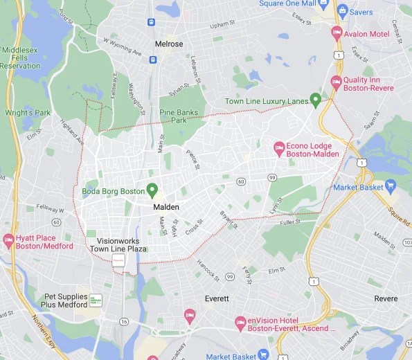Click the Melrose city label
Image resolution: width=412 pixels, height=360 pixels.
pyautogui.click(x=169, y=44)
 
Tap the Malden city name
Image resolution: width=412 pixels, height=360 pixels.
pyautogui.click(x=166, y=207)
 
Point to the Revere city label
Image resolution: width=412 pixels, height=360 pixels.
pyautogui.click(x=386, y=298)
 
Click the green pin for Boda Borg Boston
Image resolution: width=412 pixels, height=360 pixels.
pyautogui.click(x=152, y=189)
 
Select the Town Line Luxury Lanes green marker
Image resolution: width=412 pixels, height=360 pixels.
pyautogui.click(x=316, y=100)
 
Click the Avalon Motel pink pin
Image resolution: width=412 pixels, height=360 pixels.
pyautogui.click(x=337, y=33)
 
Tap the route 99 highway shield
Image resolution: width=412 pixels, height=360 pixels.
pyautogui.click(x=272, y=178)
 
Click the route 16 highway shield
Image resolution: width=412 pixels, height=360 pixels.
pyautogui.click(x=123, y=322)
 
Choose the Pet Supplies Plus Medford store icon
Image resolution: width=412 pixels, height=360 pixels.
pyautogui.click(x=96, y=300)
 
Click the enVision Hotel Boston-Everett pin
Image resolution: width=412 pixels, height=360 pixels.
pyautogui.click(x=241, y=322)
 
